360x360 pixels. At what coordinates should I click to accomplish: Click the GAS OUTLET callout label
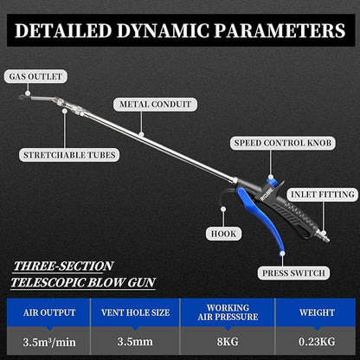click(x=35, y=76)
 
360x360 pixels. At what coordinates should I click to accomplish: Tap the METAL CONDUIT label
click(x=155, y=104)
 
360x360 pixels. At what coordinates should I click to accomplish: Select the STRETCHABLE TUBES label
click(x=69, y=155)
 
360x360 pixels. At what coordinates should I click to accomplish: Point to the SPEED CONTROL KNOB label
click(x=283, y=143)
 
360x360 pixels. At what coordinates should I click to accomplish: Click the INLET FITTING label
click(x=323, y=195)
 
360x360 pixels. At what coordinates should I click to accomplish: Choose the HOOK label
click(x=223, y=234)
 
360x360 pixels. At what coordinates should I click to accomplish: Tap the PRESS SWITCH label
click(x=293, y=273)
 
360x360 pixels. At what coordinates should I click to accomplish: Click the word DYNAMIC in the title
click(x=163, y=30)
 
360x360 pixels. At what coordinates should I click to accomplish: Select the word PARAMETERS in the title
click(x=280, y=30)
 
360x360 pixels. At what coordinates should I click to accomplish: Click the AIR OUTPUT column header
click(x=49, y=312)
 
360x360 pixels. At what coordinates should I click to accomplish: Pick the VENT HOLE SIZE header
click(x=135, y=312)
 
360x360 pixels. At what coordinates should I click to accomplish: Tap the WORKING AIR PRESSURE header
click(x=228, y=312)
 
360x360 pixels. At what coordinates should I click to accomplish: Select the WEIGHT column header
click(x=317, y=312)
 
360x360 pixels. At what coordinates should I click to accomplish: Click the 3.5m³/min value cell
click(x=49, y=342)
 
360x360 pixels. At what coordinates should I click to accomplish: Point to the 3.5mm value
click(x=135, y=342)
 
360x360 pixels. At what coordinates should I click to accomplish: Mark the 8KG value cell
click(x=228, y=342)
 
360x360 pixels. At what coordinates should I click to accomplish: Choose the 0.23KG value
click(x=317, y=342)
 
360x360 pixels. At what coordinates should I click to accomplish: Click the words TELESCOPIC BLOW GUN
click(x=83, y=282)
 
